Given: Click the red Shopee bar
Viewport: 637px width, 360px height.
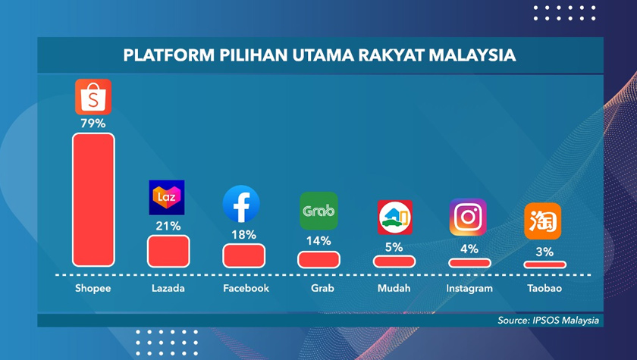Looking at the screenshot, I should coord(93,200).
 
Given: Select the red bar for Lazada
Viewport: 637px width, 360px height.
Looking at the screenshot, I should coord(168,251).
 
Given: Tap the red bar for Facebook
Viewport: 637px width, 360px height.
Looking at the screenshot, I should coord(243,255).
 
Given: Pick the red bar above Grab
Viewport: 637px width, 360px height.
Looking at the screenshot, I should coord(318,258).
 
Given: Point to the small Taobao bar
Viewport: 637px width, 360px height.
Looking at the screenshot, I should coord(544,264).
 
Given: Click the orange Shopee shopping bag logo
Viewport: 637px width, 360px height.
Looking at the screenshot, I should coord(93,96).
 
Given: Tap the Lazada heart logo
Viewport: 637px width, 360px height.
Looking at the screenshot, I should coord(167,199).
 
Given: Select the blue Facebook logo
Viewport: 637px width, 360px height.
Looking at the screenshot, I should coord(242,204).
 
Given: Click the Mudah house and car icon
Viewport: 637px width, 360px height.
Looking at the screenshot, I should coord(394,218).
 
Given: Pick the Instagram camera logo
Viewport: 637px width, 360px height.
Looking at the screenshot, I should coord(468,218).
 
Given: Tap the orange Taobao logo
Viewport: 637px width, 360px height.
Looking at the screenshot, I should coord(543,221).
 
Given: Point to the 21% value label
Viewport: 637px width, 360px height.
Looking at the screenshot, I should coord(168,225).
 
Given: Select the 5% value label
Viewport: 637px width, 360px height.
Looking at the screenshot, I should coord(394,246).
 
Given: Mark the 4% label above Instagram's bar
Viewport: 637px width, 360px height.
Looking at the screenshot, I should coord(469,248).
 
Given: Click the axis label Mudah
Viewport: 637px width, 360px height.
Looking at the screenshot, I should coord(394,289).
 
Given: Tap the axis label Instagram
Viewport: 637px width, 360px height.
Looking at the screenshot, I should coord(469,289).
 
